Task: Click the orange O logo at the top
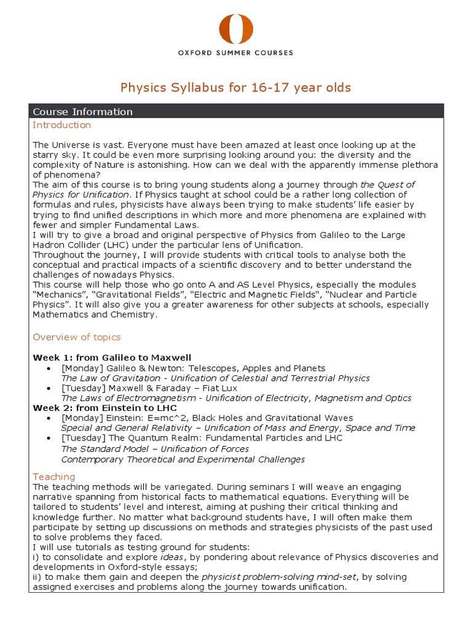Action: [236, 28]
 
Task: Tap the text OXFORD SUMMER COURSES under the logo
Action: [236, 53]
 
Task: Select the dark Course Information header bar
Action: [236, 111]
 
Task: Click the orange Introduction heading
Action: [61, 125]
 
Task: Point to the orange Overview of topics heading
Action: [77, 337]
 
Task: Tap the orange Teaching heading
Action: [54, 477]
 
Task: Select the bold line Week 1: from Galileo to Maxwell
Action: [112, 357]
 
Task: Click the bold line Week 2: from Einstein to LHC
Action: [106, 408]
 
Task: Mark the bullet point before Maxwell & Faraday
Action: [49, 388]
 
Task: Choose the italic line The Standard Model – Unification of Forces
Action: [155, 448]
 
